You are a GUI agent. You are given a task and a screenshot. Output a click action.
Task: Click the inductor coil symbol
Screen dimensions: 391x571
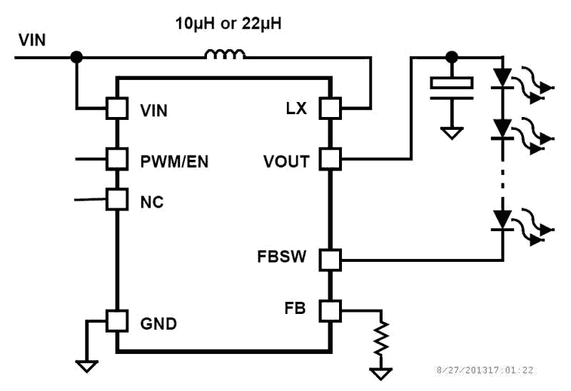tap(225, 54)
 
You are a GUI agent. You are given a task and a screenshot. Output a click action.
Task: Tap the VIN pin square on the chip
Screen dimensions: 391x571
tap(116, 108)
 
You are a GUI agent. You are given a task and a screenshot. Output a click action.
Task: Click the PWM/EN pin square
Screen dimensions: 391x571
tap(116, 158)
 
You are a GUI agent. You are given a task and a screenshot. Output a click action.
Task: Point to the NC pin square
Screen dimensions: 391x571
tap(116, 199)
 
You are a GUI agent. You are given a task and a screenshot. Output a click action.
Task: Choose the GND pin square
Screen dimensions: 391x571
tap(116, 321)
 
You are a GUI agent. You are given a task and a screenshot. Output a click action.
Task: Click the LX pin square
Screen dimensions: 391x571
tap(330, 108)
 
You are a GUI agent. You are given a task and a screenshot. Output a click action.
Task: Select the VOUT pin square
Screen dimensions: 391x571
tap(330, 158)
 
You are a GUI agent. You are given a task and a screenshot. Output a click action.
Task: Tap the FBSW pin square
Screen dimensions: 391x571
tap(330, 259)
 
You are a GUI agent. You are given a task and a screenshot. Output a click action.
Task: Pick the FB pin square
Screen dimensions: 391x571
tap(330, 310)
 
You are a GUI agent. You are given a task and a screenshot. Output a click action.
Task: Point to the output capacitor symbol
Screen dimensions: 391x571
tap(451, 83)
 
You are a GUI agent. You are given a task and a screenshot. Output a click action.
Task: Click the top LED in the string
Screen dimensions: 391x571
tap(504, 76)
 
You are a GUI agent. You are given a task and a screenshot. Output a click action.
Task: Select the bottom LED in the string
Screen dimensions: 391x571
tap(504, 218)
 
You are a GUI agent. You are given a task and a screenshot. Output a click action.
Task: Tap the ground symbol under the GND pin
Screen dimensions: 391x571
tap(87, 366)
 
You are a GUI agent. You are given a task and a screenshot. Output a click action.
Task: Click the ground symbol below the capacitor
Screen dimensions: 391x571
tap(451, 132)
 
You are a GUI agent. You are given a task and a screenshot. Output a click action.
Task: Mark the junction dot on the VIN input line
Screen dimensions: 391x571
tap(76, 56)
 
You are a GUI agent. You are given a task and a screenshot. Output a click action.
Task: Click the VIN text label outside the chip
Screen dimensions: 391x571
tap(32, 39)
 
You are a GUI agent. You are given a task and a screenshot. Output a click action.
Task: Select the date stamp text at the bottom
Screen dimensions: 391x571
tap(485, 370)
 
